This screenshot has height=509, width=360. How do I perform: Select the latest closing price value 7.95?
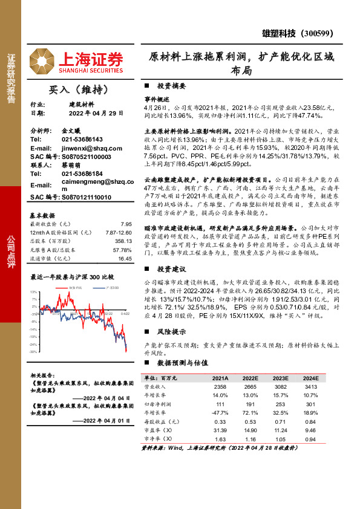click(126, 224)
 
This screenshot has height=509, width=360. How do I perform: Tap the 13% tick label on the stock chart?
click(34, 292)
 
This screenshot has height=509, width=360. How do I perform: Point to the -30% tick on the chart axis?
click(33, 351)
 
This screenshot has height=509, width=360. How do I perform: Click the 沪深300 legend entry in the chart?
click(111, 288)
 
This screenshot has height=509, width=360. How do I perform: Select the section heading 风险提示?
click(171, 332)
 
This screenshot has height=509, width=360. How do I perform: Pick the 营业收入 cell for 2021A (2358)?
click(220, 386)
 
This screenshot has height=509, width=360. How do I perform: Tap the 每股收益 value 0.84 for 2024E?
click(310, 421)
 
